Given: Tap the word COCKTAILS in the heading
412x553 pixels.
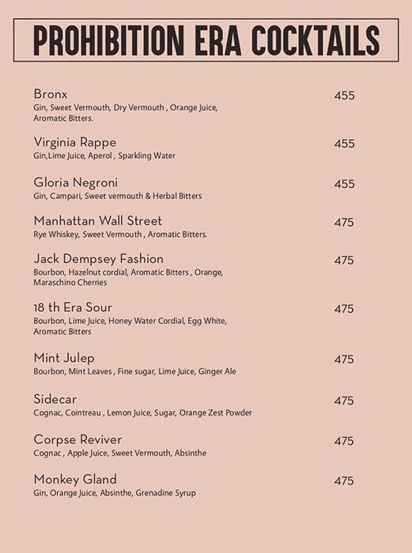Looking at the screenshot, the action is [315, 41].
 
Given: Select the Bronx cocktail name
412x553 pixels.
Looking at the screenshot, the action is [51, 94].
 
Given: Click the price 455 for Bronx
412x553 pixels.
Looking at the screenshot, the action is [344, 96].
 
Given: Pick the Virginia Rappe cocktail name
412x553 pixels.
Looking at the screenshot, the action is [75, 142].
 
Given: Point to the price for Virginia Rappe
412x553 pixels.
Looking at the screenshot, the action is [344, 144].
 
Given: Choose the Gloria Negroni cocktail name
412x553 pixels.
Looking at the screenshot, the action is [76, 182].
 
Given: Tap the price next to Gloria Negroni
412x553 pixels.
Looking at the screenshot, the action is [344, 184].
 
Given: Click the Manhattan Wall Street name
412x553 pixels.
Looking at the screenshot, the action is [98, 221].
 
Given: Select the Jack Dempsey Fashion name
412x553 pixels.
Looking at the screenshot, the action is [99, 259].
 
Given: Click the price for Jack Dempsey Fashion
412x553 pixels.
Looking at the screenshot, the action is [344, 261].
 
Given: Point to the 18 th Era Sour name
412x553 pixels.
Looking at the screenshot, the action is [73, 307].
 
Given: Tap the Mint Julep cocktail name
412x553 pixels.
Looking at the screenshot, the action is [64, 358].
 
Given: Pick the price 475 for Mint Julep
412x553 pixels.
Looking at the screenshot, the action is [344, 359].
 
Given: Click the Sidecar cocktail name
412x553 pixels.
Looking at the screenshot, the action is [55, 399].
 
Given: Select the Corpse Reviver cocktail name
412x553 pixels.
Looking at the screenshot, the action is [77, 439].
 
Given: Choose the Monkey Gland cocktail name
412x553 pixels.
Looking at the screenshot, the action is [75, 479].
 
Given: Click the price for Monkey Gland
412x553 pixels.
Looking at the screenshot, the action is [344, 481].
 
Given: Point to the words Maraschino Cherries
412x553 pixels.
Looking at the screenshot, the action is [70, 283].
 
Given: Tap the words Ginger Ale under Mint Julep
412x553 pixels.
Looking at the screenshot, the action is [217, 371].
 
